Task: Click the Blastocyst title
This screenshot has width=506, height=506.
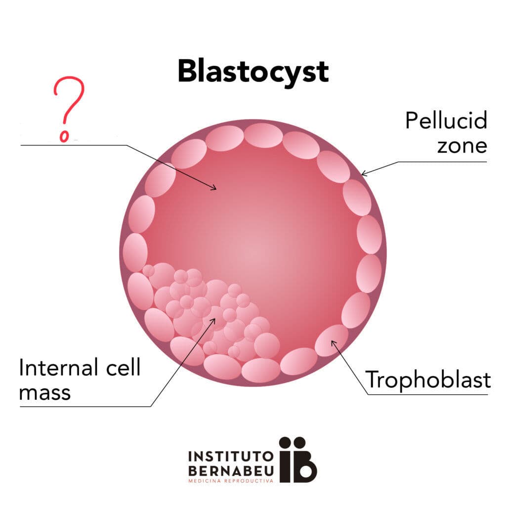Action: click(x=253, y=72)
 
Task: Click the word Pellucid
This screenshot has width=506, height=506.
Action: click(x=446, y=121)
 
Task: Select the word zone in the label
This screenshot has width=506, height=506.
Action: click(x=462, y=146)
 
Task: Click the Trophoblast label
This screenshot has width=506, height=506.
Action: click(x=428, y=380)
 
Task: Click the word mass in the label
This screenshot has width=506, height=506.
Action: click(x=45, y=393)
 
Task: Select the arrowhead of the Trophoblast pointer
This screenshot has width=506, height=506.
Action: click(x=333, y=342)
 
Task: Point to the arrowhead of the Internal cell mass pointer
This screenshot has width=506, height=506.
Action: click(x=213, y=320)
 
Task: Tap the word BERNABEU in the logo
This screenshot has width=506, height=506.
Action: click(x=231, y=471)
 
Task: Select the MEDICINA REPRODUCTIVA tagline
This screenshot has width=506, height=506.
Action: click(x=231, y=481)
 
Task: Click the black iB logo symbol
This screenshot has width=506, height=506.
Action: click(x=297, y=460)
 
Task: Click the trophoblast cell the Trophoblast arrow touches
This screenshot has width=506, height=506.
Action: click(x=332, y=340)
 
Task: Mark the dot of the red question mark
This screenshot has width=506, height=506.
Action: click(x=64, y=136)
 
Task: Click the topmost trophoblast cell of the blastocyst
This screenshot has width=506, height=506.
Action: click(x=263, y=135)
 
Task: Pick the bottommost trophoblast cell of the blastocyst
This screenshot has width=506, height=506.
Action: click(x=261, y=370)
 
